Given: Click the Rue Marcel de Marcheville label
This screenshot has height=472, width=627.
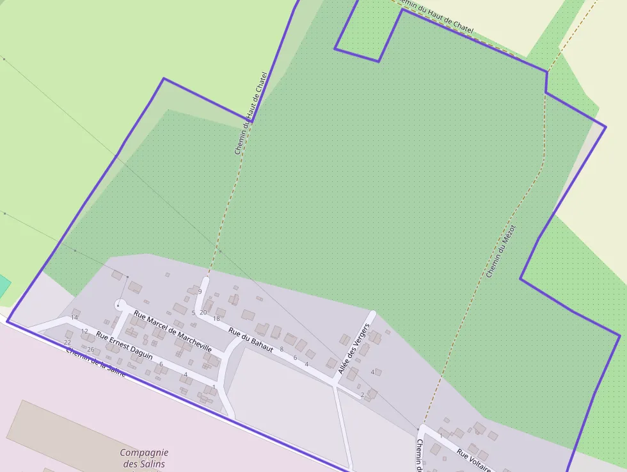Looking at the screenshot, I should coord(172,331).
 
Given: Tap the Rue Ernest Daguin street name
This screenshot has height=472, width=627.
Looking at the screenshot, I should coord(124,345).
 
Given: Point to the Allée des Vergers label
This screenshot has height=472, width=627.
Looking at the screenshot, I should coord(354,349).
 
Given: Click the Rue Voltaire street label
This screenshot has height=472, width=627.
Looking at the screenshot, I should coord(474,460).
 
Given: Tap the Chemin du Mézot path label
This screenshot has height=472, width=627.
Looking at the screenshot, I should coord(500,251).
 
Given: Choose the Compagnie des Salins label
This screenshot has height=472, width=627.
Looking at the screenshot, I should coord(144,458).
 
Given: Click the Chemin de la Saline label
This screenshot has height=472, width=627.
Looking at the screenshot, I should coord(95,362).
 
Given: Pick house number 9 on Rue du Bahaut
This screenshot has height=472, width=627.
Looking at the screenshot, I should coord(200,292).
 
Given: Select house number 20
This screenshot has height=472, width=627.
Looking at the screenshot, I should coord(203,313).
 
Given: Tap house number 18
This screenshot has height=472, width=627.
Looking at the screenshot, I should coord(216,318).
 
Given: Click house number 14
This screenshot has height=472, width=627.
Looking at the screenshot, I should coord(74,318).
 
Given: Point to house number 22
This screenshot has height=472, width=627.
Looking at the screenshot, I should coord(67,343).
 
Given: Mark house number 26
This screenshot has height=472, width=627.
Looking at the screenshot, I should coord(91,350).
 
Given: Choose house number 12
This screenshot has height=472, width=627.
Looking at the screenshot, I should coord(84,331).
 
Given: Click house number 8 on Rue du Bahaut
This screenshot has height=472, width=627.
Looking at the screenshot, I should coord(281,349).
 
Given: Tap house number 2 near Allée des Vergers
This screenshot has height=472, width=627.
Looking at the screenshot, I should coord(362,395).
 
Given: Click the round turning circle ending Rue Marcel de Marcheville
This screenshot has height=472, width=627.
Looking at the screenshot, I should coord(120,305).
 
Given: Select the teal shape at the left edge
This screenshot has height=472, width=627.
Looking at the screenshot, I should coord(4,286).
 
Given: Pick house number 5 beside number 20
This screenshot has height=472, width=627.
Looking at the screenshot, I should coord(193,313).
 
